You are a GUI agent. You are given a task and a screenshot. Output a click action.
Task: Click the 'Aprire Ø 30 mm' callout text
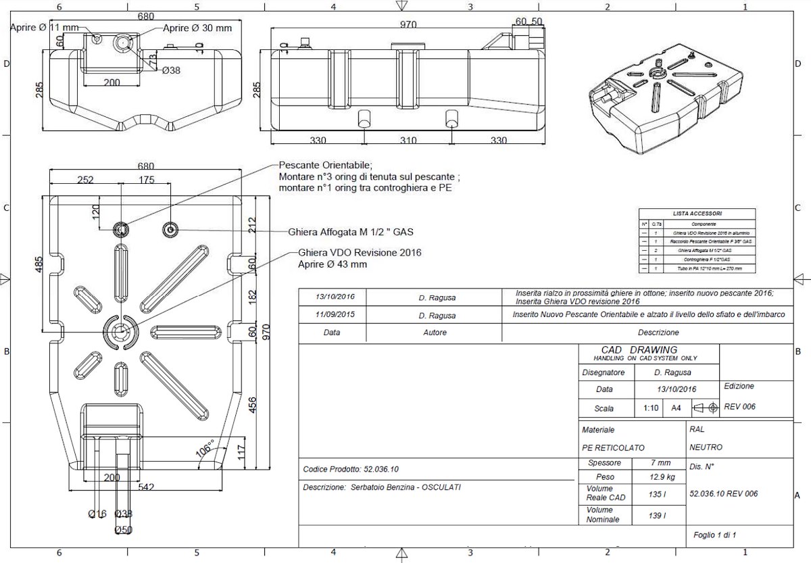click(197, 28)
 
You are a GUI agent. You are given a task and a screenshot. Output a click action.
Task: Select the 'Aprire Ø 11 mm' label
click(45, 28)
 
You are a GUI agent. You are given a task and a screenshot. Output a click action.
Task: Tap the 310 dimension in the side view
click(408, 141)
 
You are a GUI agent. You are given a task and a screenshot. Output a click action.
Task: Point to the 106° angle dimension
click(205, 447)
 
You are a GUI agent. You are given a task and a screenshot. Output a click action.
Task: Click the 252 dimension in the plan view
click(85, 180)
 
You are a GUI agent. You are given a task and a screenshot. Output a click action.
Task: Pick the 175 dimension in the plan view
click(146, 180)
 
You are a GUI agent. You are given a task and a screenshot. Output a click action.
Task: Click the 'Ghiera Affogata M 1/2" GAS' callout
click(350, 231)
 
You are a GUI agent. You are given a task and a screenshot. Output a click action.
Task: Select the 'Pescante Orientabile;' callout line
click(325, 165)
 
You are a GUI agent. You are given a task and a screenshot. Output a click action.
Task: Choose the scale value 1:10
click(651, 408)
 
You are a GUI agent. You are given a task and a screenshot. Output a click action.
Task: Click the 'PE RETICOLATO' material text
click(613, 447)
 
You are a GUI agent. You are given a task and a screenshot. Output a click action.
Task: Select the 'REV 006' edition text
click(739, 407)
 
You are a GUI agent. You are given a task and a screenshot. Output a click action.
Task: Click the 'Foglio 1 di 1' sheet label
click(714, 535)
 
